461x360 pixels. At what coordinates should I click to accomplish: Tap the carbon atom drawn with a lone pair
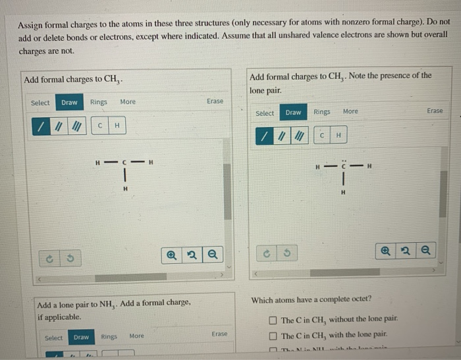click(342, 166)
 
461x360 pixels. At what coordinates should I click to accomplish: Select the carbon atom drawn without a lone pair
click(124, 163)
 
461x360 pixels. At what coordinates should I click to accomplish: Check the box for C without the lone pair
click(273, 321)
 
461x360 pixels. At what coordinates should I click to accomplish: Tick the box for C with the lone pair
click(273, 336)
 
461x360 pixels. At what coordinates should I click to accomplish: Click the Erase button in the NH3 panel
click(219, 334)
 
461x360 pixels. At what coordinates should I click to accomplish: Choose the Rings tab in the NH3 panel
click(108, 336)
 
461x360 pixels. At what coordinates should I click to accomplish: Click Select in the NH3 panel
click(54, 338)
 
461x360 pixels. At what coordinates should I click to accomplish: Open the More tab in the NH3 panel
click(136, 336)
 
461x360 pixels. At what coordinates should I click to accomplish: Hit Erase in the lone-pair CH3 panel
click(435, 111)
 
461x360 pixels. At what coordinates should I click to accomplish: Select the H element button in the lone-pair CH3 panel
click(338, 136)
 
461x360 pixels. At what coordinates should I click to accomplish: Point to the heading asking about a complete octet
click(311, 300)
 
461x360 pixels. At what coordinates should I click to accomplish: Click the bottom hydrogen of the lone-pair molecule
click(342, 192)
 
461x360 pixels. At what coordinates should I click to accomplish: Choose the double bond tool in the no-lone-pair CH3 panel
click(58, 126)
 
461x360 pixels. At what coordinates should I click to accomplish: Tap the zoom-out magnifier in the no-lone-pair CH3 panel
click(212, 253)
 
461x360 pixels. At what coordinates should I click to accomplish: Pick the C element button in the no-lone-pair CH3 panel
click(99, 126)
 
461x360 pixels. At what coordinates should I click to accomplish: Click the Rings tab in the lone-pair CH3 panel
click(322, 112)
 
